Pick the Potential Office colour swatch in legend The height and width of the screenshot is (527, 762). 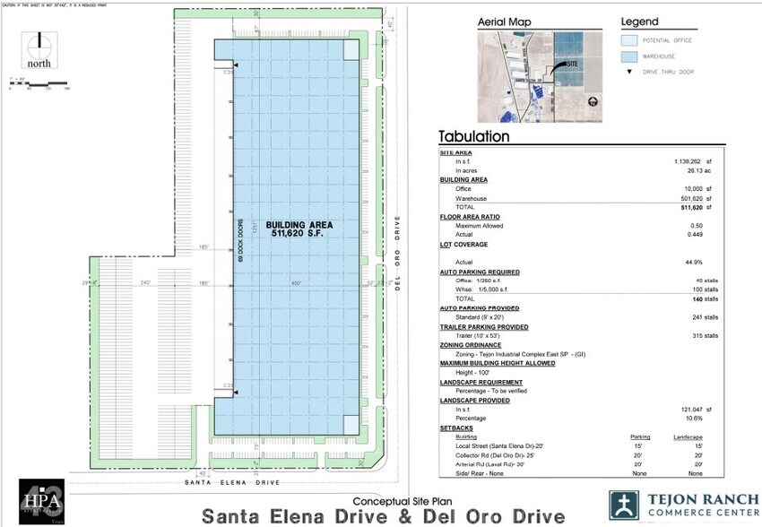[x=634, y=40]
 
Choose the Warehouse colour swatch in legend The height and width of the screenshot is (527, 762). [x=634, y=56]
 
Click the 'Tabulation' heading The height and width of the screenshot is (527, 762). [x=473, y=137]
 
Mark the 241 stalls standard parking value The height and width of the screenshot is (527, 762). [x=704, y=316]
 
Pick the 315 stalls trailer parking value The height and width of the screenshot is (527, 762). [x=704, y=335]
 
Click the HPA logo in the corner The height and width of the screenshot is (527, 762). [x=42, y=499]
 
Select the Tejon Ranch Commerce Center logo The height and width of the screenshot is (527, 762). [x=681, y=505]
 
